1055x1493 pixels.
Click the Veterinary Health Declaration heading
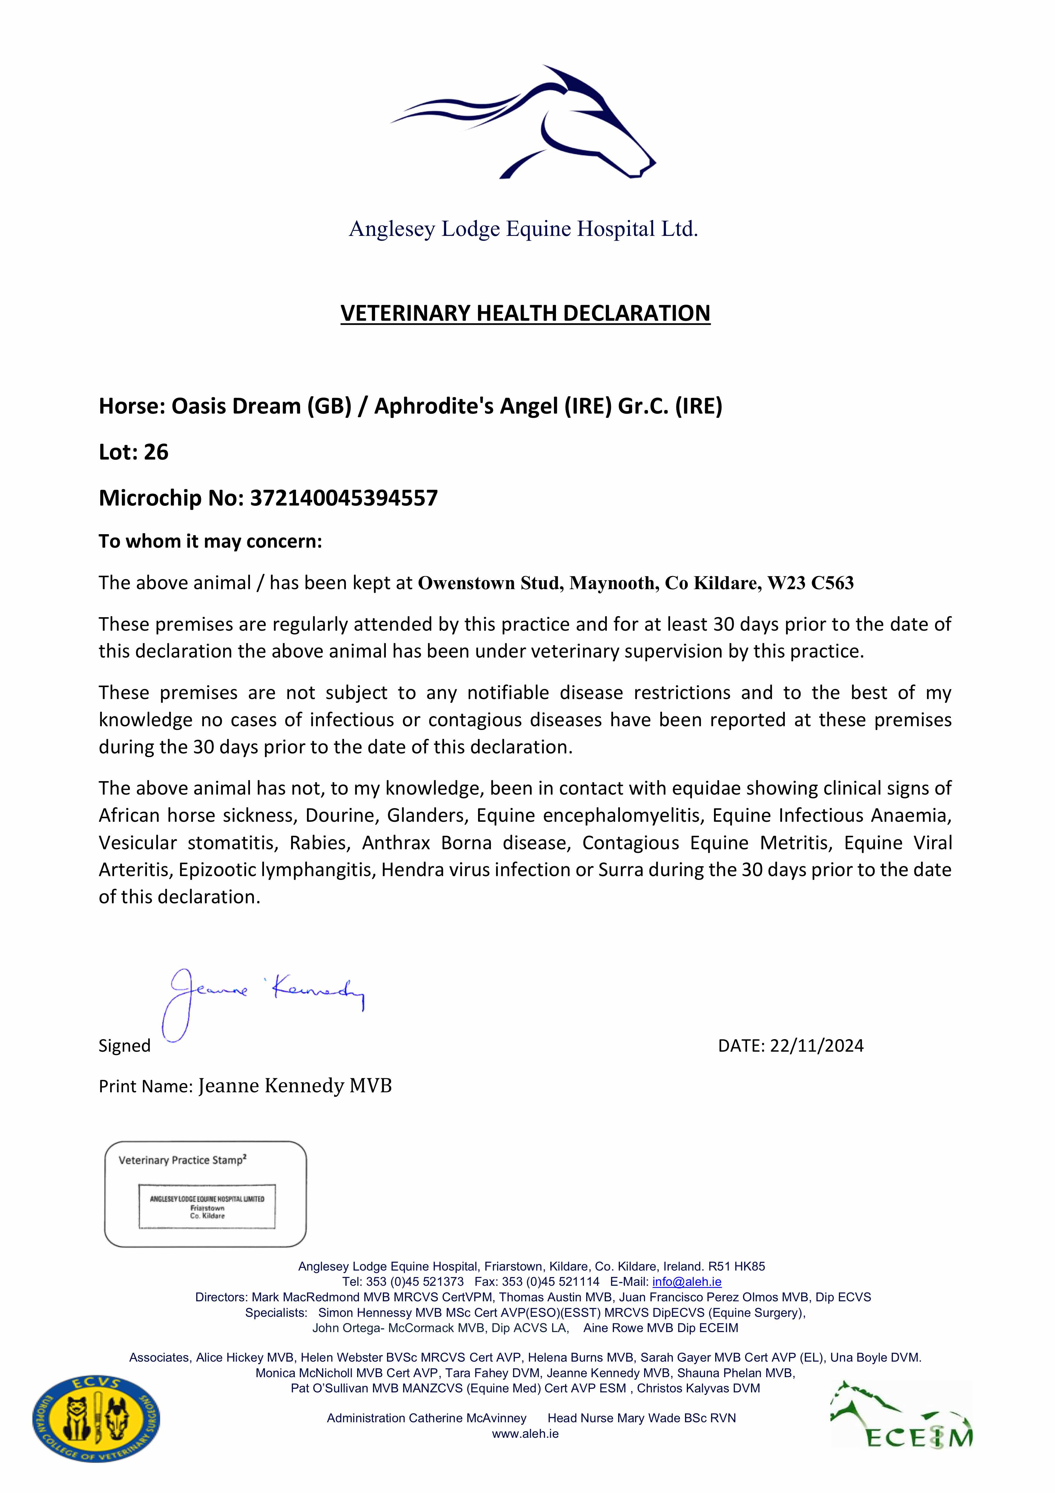pyautogui.click(x=525, y=314)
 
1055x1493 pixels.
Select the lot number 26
pyautogui.click(x=156, y=452)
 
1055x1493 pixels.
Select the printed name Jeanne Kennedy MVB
pyautogui.click(x=295, y=1086)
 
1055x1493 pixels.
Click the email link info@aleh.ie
pyautogui.click(x=687, y=1282)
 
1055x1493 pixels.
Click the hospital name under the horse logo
pyautogui.click(x=523, y=229)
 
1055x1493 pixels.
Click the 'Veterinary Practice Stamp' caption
pyautogui.click(x=182, y=1160)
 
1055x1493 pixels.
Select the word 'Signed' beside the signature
pyautogui.click(x=124, y=1046)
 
